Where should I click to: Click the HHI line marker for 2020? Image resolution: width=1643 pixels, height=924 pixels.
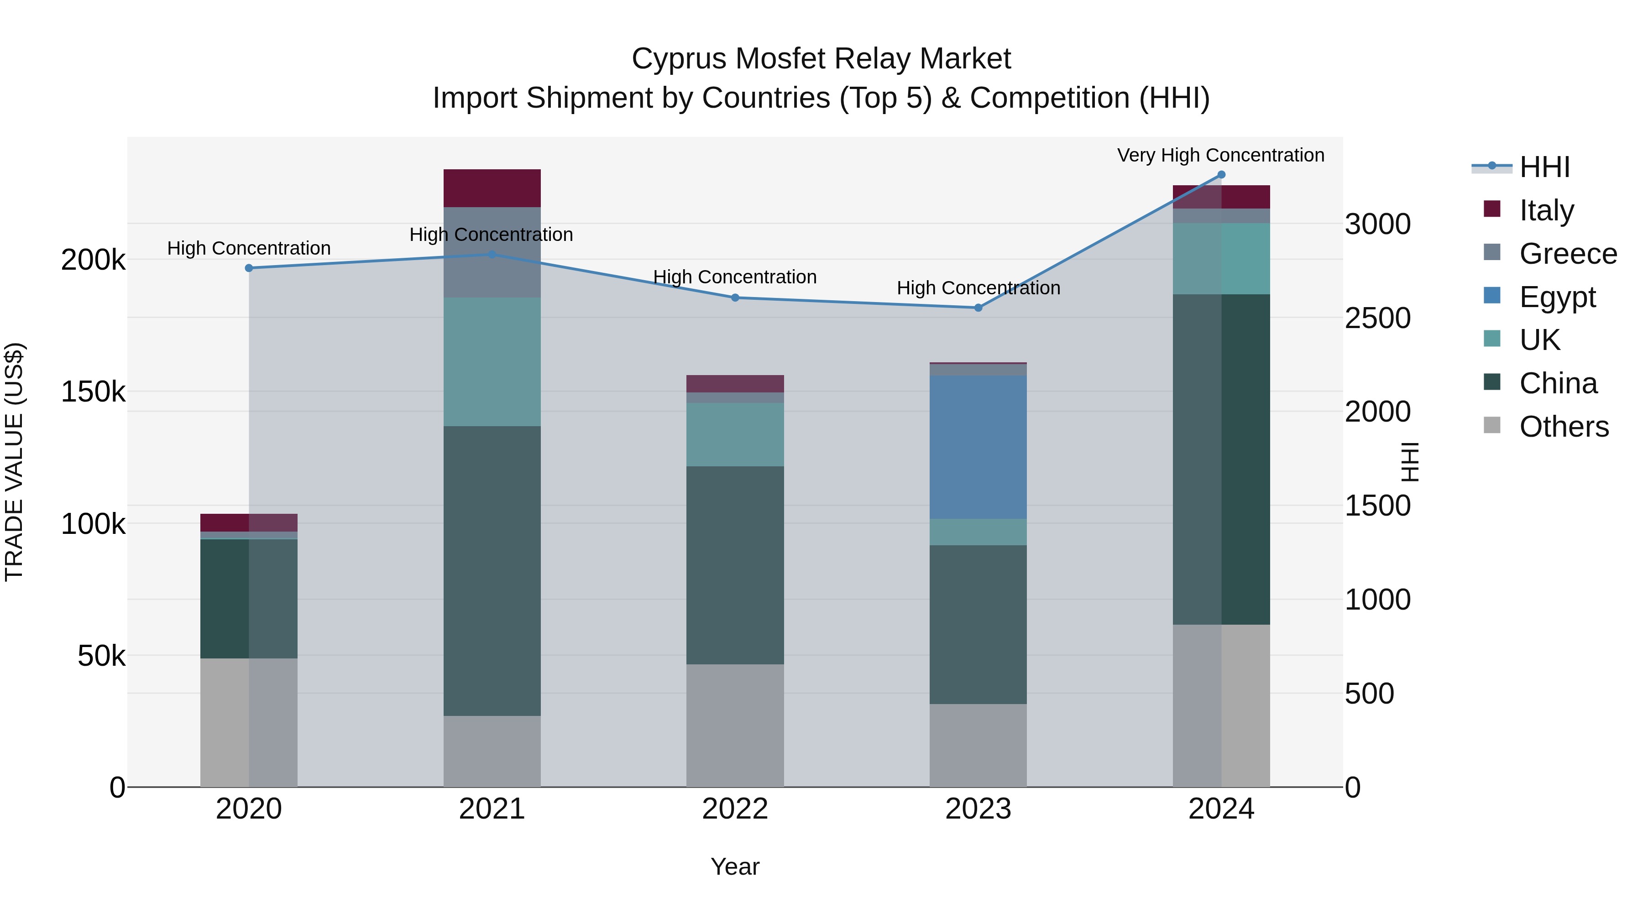pos(249,268)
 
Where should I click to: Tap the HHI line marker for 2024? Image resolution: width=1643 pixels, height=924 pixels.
pos(1221,175)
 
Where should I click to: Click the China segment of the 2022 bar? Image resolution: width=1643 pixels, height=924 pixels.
pos(735,565)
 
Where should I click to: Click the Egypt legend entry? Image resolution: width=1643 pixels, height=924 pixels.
pos(1556,297)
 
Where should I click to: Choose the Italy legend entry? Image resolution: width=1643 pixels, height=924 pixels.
pos(1546,210)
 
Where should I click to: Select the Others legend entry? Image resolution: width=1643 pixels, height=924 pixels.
pos(1563,427)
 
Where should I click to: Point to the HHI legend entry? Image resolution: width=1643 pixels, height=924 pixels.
pos(1544,167)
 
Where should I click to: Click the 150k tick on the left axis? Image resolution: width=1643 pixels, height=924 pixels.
pos(93,392)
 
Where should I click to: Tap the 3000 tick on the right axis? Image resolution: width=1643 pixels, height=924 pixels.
pos(1378,224)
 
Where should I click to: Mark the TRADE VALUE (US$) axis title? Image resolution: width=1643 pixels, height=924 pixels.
pos(14,462)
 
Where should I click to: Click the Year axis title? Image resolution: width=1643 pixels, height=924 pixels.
pos(735,867)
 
